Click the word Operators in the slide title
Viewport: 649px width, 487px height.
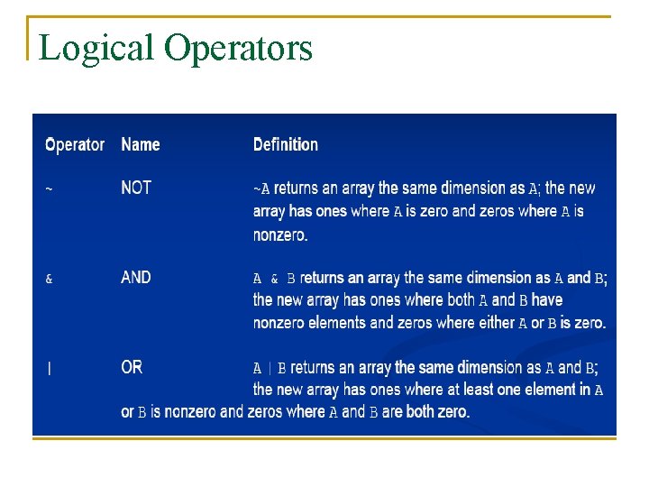pyautogui.click(x=238, y=48)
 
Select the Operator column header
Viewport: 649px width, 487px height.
pyautogui.click(x=75, y=144)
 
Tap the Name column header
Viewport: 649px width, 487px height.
pyautogui.click(x=141, y=144)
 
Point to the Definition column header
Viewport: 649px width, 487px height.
pyautogui.click(x=286, y=144)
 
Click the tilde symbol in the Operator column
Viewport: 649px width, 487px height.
pyautogui.click(x=49, y=189)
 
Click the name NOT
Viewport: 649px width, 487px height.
pyautogui.click(x=136, y=188)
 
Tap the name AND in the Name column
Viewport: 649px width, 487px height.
pyautogui.click(x=136, y=278)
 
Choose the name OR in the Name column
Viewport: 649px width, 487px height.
pyautogui.click(x=132, y=367)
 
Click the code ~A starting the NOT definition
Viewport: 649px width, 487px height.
pyautogui.click(x=261, y=189)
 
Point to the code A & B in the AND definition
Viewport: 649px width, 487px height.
pyautogui.click(x=274, y=279)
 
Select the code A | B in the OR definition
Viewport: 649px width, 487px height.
pyautogui.click(x=270, y=368)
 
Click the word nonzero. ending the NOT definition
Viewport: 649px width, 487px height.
pyautogui.click(x=280, y=234)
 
